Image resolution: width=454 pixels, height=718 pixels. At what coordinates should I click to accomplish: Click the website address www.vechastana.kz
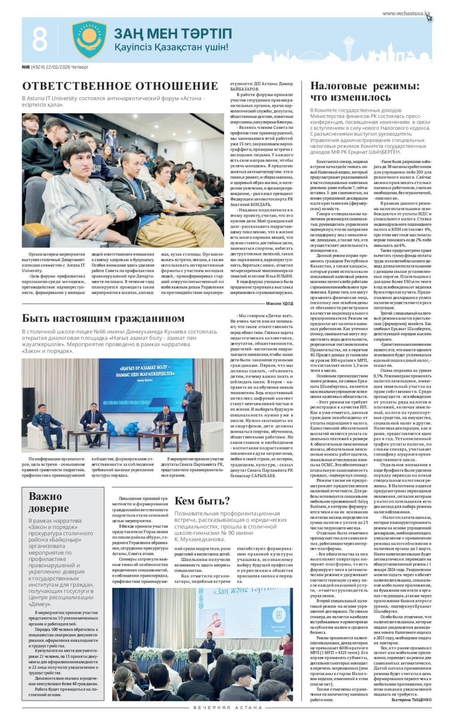[405, 14]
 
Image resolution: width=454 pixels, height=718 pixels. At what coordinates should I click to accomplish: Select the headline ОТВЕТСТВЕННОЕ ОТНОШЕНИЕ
[120, 86]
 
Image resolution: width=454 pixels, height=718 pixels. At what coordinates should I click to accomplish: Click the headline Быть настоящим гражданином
[103, 318]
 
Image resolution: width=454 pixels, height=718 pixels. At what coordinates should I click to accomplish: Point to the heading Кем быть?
[202, 501]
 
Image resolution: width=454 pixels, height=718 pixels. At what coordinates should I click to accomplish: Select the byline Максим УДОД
[279, 304]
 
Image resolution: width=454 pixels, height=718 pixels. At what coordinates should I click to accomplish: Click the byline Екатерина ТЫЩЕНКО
[411, 699]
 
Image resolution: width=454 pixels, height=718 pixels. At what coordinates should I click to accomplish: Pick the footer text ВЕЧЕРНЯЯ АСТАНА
[227, 708]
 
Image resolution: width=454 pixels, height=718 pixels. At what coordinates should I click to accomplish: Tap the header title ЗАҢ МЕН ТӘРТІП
[173, 34]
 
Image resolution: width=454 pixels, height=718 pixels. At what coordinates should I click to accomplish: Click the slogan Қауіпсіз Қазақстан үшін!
[171, 47]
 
